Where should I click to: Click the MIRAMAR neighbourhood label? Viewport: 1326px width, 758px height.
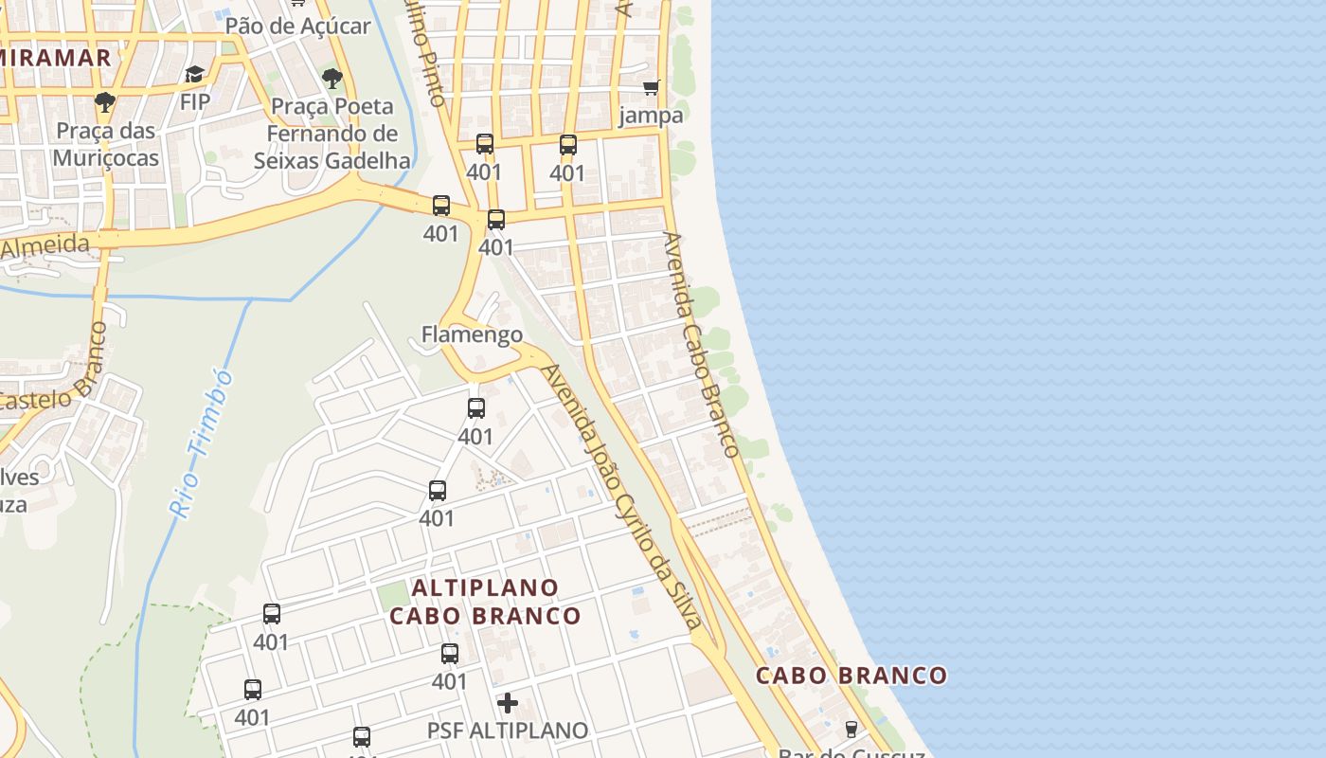[x=55, y=57]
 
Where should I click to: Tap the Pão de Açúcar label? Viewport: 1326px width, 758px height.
[x=297, y=26]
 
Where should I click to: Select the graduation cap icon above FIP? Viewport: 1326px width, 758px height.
[x=195, y=75]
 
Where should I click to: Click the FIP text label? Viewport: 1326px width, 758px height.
[x=195, y=101]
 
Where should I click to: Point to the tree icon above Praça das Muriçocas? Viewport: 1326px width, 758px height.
[x=105, y=102]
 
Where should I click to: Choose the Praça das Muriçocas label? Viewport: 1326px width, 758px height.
[x=106, y=144]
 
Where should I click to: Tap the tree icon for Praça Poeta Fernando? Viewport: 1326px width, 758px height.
[x=331, y=79]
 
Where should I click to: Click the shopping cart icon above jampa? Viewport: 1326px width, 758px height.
[x=651, y=88]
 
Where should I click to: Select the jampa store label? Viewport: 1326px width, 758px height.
[x=651, y=116]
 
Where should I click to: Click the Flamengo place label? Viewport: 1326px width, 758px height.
[x=472, y=334]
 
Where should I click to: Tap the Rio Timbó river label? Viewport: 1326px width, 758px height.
[x=201, y=443]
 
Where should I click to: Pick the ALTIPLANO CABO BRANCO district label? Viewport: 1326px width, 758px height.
[x=485, y=602]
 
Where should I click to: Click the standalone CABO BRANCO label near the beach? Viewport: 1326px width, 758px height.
[x=851, y=676]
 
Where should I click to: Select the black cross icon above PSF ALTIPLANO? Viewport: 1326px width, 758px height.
[x=508, y=703]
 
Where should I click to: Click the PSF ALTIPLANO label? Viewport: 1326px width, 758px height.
[x=508, y=731]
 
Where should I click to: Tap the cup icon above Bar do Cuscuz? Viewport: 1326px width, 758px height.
[x=851, y=729]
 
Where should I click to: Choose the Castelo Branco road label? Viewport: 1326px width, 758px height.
[x=57, y=379]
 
